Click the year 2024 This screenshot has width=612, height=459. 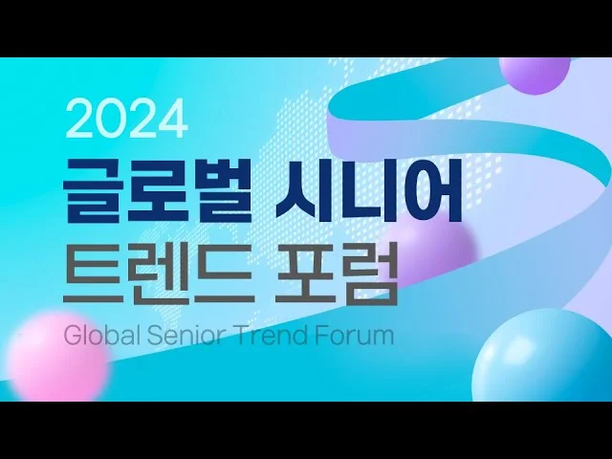(x=127, y=119)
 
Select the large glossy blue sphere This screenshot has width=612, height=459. (x=550, y=359)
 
